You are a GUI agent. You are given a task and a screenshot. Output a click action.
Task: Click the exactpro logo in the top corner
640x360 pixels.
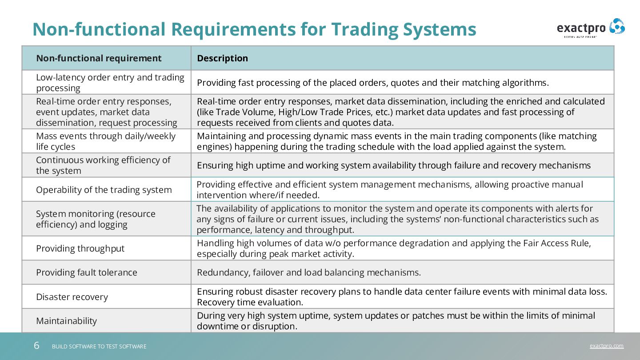coord(591,28)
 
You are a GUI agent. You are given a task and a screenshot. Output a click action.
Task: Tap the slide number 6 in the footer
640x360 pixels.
coord(36,346)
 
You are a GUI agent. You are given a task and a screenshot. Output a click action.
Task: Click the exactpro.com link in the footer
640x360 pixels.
coord(607,346)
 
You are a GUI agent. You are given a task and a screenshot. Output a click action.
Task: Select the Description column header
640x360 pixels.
coord(222,58)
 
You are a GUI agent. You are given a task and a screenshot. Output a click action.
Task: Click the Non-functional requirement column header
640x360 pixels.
coord(99,58)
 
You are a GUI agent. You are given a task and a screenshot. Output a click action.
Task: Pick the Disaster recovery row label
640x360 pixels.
coord(72,297)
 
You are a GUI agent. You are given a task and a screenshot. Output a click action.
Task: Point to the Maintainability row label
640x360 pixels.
coord(66,321)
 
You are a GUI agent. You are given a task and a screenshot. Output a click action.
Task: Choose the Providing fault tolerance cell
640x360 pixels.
coord(87,272)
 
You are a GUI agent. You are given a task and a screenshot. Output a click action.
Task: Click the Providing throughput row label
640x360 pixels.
coord(80,248)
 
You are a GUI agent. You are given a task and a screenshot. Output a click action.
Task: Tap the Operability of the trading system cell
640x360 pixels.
coord(104,190)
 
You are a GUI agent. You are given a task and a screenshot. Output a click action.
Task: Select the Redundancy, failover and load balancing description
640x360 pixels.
coord(309,272)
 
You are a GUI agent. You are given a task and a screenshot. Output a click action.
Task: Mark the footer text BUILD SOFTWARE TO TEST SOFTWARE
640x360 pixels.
coord(99,346)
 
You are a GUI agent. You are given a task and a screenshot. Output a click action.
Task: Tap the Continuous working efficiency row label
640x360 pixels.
coord(103,165)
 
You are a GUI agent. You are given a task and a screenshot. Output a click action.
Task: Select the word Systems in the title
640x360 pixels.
coord(440,29)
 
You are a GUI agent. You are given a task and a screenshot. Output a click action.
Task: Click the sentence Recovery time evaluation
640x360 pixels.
coord(250,302)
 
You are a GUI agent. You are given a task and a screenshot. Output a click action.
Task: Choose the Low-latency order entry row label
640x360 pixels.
coord(110,83)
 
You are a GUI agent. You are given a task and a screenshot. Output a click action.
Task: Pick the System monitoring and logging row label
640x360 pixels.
coord(96,219)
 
